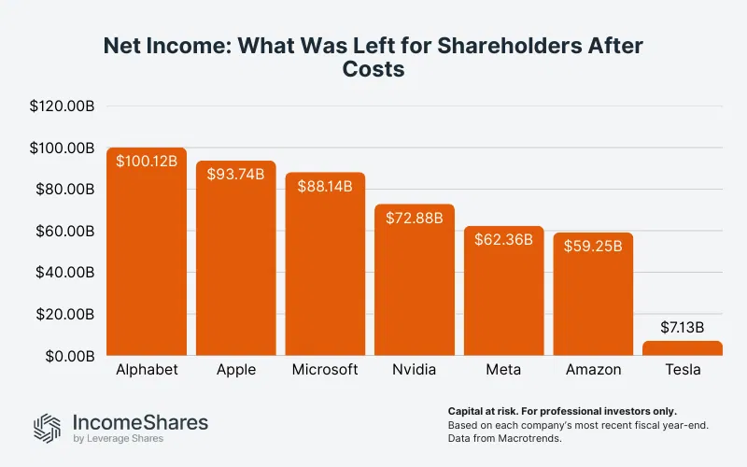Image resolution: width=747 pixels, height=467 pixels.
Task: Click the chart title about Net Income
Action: (373, 58)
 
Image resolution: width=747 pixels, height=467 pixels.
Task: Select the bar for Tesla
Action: (683, 348)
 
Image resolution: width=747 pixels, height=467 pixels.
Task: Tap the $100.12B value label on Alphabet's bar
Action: (147, 161)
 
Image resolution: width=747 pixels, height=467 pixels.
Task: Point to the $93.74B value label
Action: (235, 174)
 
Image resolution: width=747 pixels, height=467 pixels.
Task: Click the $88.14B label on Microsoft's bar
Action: (325, 186)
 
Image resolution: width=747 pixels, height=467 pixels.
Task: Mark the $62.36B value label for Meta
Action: (503, 239)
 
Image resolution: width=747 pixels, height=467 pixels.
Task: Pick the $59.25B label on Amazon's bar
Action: (593, 246)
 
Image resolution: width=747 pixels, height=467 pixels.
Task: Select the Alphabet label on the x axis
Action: (147, 370)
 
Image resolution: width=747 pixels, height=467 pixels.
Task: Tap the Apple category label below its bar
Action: (235, 370)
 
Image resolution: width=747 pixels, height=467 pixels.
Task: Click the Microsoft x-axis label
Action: (325, 370)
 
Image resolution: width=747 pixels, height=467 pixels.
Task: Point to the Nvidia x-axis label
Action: (415, 370)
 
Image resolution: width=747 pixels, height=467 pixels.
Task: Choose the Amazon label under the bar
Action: (593, 370)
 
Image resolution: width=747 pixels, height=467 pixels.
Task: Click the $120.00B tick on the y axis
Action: (62, 106)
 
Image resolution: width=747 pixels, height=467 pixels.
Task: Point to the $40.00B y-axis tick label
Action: (63, 273)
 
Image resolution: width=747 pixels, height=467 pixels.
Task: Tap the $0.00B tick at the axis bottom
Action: (67, 356)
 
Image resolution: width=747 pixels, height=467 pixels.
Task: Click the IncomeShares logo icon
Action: (47, 427)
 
